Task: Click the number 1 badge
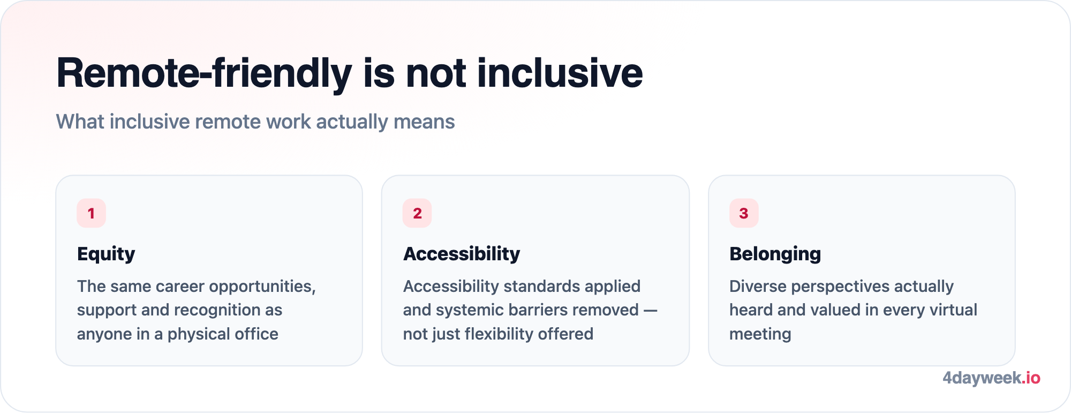coord(91,213)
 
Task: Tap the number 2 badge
coord(417,213)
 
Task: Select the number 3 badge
coord(744,213)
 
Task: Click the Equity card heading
coord(106,254)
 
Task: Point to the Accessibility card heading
coord(462,254)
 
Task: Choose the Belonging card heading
coord(775,254)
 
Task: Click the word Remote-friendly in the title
coord(204,74)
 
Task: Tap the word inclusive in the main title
coord(560,73)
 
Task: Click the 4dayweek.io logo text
coord(991,378)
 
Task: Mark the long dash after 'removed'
coord(650,310)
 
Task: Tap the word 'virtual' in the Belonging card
coord(954,310)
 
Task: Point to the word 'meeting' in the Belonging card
coord(760,334)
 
